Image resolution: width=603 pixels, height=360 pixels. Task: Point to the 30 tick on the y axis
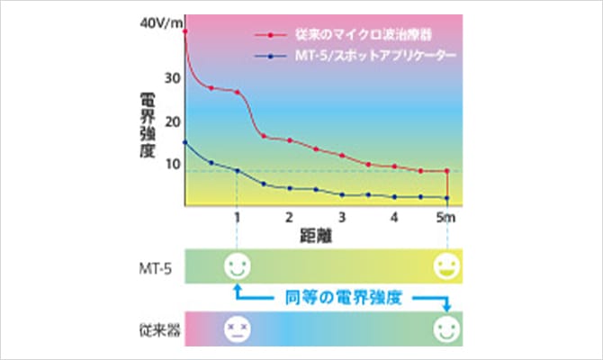[172, 78]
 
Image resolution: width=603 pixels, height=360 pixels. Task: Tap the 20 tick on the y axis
[172, 122]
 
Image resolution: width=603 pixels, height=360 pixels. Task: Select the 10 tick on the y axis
[172, 165]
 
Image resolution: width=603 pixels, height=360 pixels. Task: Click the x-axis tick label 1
[237, 218]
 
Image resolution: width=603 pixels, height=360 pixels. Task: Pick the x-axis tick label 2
[289, 218]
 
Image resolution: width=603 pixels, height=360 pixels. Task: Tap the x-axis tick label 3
[342, 218]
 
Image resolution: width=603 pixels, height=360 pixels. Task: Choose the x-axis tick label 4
[394, 218]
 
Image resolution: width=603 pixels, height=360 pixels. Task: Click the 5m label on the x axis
[444, 218]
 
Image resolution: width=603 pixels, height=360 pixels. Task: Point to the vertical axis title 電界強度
[148, 121]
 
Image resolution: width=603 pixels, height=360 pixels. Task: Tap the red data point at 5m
[447, 171]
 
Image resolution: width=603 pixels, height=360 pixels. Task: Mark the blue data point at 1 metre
[237, 170]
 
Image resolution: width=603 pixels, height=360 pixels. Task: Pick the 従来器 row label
[154, 328]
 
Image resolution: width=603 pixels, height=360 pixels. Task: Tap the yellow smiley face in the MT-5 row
[446, 265]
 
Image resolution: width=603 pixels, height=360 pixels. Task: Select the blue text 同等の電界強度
[343, 296]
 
